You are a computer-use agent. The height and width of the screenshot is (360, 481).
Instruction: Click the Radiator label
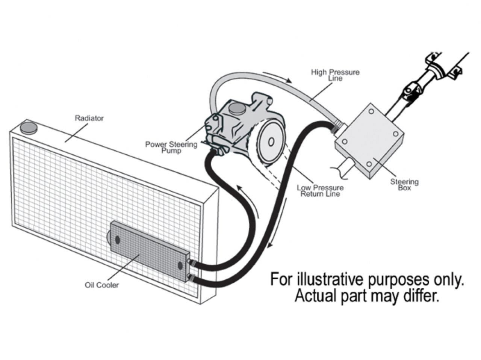click(89, 118)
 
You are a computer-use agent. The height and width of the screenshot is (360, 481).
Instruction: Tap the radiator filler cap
click(29, 128)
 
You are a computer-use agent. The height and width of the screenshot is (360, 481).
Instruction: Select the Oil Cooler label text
click(101, 285)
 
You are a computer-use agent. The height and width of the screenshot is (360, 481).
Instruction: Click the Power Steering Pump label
click(171, 147)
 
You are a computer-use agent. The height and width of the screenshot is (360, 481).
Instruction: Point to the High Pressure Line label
click(335, 75)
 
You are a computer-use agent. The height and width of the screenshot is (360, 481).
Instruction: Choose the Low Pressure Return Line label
click(320, 191)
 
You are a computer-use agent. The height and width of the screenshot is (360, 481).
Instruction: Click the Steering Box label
click(404, 184)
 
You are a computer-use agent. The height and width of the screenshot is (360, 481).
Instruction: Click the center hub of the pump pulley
click(271, 142)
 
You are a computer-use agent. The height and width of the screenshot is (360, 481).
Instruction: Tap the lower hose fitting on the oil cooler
click(192, 278)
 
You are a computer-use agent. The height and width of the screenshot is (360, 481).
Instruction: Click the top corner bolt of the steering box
click(371, 111)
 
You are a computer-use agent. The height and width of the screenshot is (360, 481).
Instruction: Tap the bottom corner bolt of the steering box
click(369, 164)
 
